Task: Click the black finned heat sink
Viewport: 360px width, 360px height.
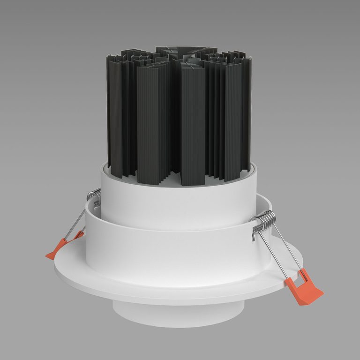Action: (x=178, y=112)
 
